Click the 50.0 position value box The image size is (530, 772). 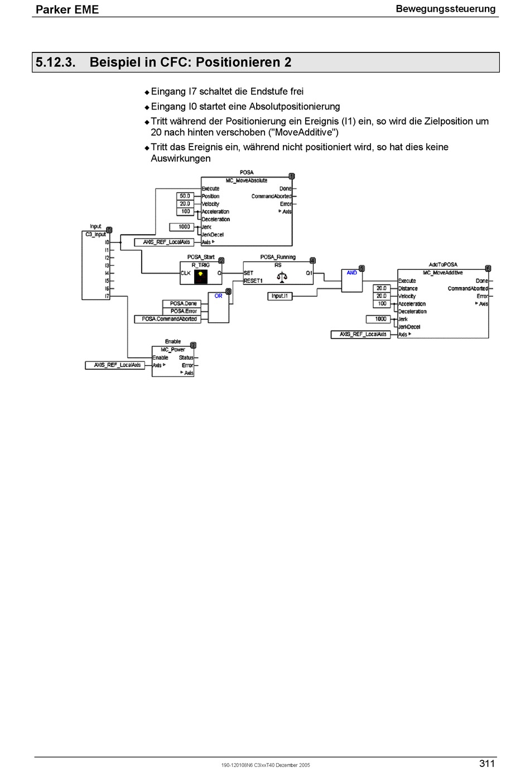click(x=185, y=196)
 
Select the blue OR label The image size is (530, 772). click(x=218, y=296)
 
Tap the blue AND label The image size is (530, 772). click(x=351, y=273)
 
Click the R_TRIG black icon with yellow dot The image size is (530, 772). click(x=201, y=277)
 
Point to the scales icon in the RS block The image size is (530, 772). click(x=282, y=277)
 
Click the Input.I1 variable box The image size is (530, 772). click(x=280, y=296)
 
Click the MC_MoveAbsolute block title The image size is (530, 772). click(x=247, y=180)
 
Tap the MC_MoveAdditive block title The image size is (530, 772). click(x=443, y=273)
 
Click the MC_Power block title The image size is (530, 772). click(x=173, y=350)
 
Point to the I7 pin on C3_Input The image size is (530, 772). click(x=107, y=296)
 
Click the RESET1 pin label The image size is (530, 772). click(x=253, y=281)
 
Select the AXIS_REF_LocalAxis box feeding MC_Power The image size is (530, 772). click(x=115, y=365)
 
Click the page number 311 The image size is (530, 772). click(x=487, y=764)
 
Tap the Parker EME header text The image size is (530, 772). click(x=67, y=9)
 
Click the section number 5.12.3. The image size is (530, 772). click(x=55, y=63)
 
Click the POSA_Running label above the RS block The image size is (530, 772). click(x=278, y=257)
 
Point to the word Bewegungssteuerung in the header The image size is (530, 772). click(x=446, y=9)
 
